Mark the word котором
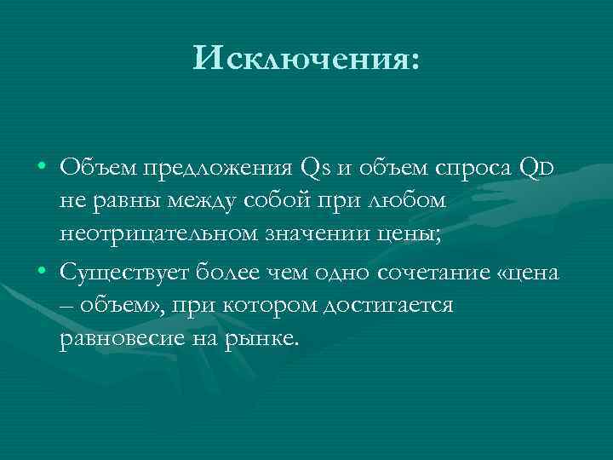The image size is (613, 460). (x=262, y=305)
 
